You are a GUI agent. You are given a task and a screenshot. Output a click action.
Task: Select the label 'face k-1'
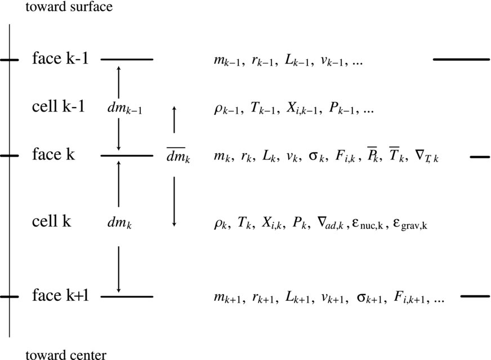click(x=60, y=59)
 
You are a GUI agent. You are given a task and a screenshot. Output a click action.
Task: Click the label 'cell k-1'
click(x=59, y=106)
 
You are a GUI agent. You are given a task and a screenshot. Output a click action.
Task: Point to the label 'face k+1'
click(x=60, y=295)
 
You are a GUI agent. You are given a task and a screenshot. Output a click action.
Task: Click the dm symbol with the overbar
click(x=178, y=157)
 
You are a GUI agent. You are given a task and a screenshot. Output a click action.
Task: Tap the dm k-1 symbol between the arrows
click(x=124, y=109)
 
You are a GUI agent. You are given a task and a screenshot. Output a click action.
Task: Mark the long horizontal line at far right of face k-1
click(x=461, y=59)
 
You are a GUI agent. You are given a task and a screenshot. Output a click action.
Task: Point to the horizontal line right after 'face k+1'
click(x=127, y=296)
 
